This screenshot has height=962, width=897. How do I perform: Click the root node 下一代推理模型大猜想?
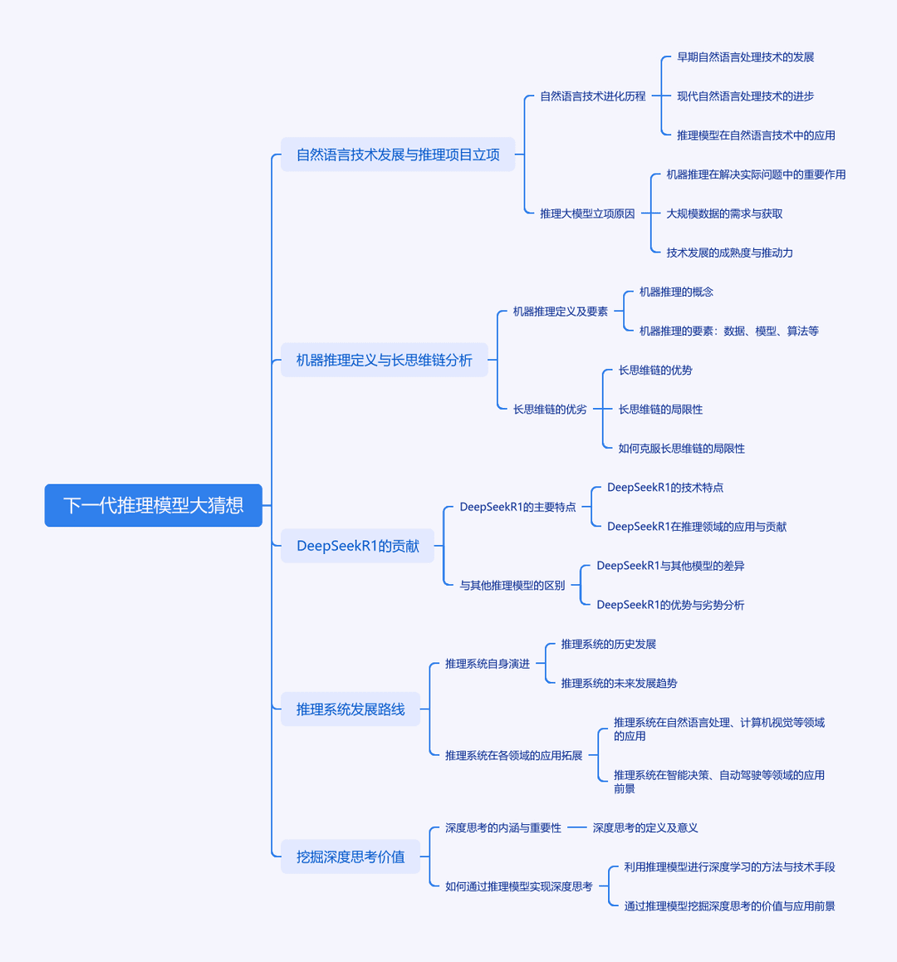154,506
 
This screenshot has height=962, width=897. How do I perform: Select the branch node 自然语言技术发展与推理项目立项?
398,155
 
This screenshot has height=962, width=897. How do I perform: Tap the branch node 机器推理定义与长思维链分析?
384,361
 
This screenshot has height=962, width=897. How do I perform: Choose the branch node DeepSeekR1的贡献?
358,546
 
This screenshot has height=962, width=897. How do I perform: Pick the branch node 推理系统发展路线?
350,709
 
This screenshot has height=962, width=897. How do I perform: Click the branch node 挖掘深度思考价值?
350,856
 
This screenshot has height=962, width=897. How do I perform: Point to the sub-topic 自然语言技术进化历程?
593,96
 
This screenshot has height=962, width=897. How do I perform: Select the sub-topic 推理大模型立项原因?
587,214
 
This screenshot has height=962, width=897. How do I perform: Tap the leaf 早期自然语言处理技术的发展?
746,57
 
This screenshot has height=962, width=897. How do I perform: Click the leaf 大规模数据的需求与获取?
724,214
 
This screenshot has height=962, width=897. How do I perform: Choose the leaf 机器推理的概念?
676,292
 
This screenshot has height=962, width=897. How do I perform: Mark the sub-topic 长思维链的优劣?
550,410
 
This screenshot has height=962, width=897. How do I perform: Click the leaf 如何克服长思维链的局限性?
682,449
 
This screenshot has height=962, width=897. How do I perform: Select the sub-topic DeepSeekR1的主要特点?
517,507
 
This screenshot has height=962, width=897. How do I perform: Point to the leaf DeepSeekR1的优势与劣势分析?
670,605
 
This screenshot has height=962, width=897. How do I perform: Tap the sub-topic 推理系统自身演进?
488,664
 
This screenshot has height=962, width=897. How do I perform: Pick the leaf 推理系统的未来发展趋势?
619,684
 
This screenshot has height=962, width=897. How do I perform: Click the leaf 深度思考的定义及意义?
645,827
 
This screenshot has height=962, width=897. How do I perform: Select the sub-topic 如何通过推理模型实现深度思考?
519,886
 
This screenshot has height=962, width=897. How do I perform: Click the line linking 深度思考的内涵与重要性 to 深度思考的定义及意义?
577,827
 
